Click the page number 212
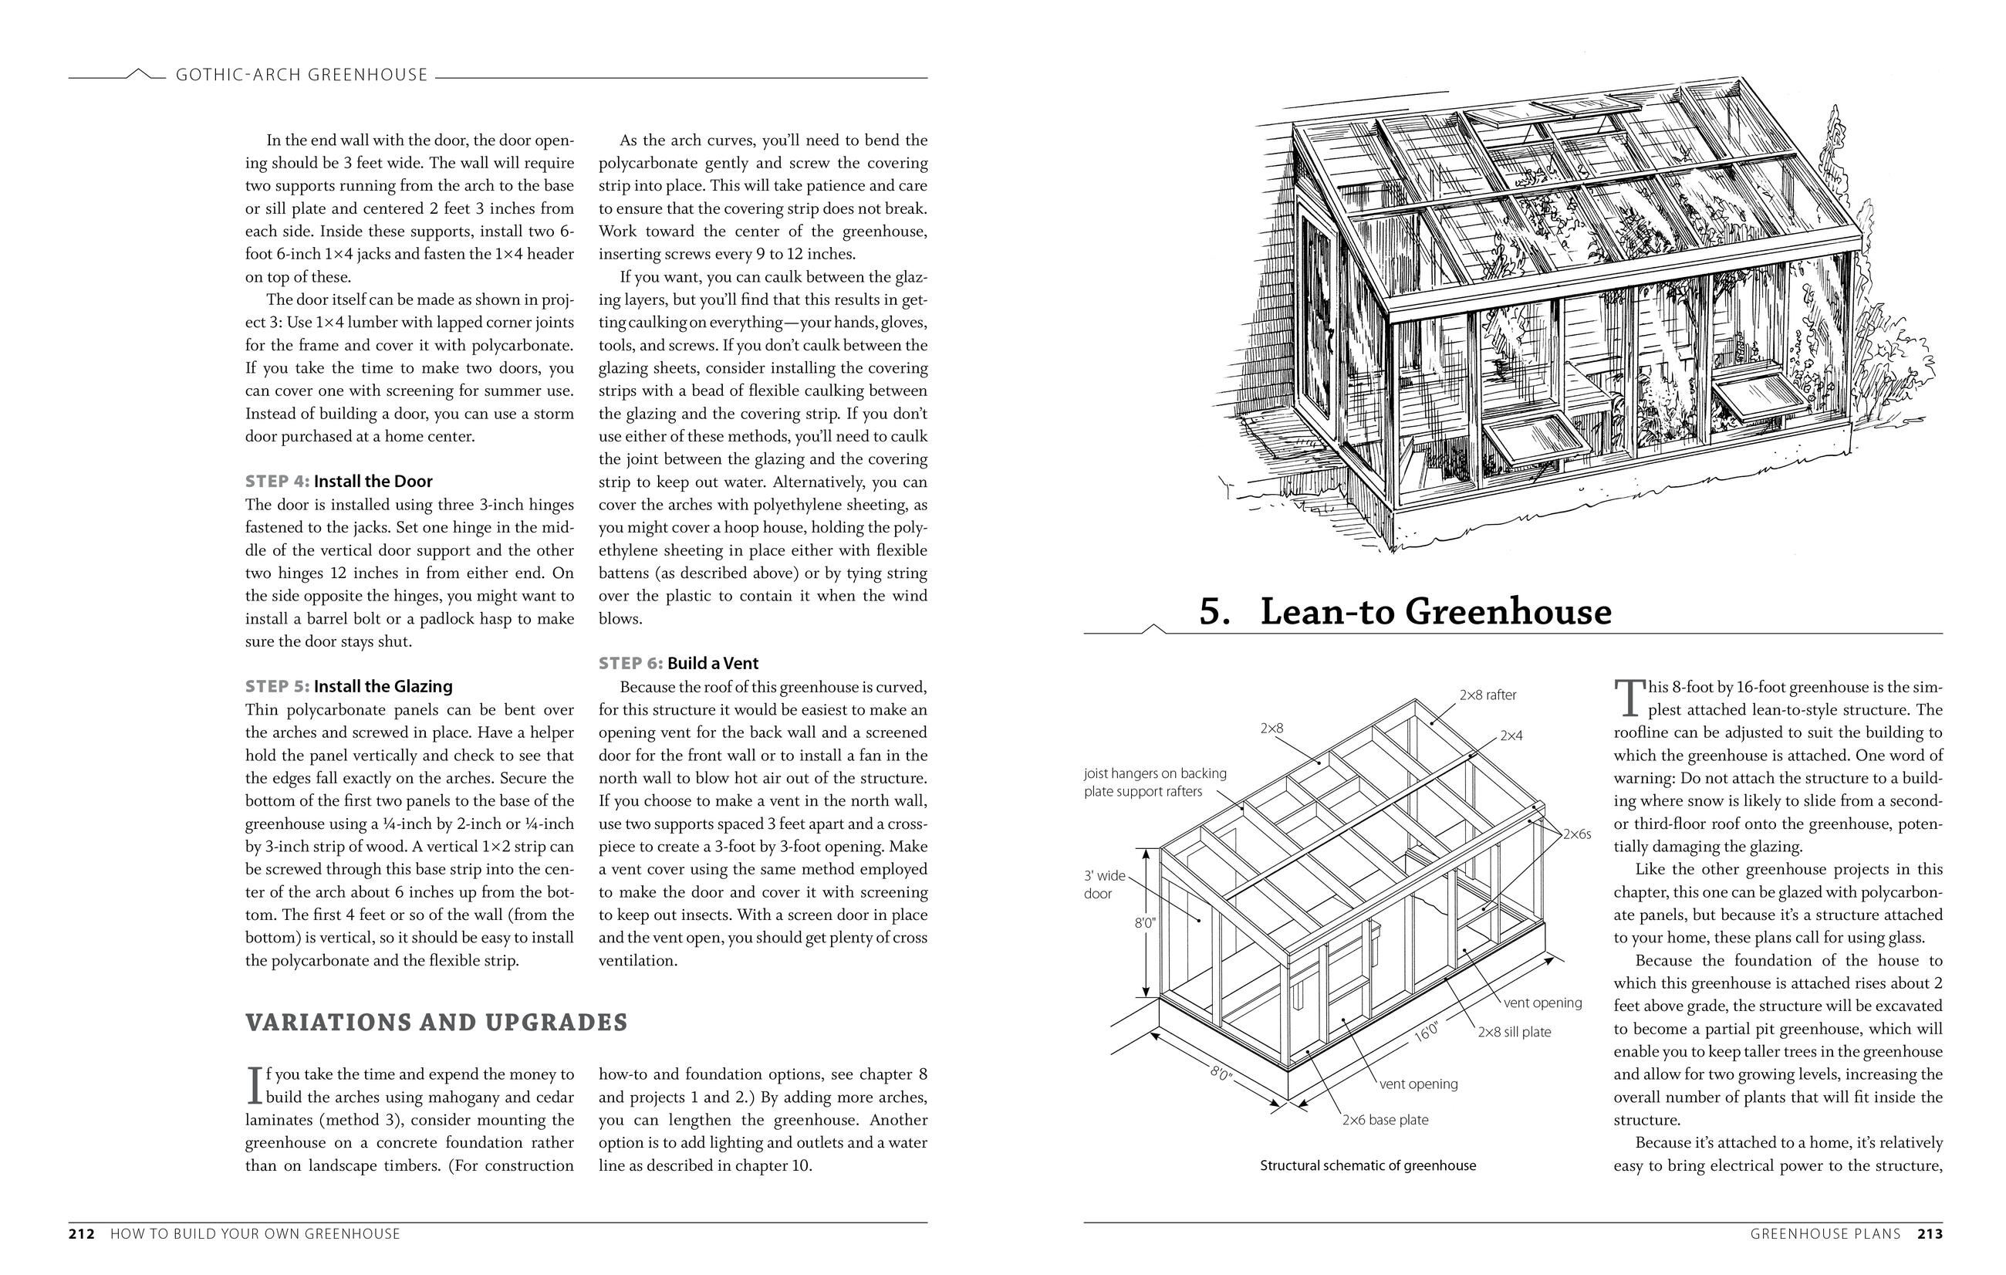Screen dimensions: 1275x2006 82,1233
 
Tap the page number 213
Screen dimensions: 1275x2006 1930,1233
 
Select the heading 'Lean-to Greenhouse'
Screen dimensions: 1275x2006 1435,612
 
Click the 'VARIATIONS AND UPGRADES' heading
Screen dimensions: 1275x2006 436,1023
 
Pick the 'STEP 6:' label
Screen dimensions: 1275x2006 630,663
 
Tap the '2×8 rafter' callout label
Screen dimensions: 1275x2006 1488,695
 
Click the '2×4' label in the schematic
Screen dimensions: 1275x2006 1511,736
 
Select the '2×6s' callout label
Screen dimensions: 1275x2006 1576,834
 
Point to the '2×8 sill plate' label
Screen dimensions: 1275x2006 1514,1032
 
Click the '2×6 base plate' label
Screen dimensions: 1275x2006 1385,1120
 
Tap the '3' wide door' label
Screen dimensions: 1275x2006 1105,884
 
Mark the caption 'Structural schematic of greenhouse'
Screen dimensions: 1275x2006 1367,1166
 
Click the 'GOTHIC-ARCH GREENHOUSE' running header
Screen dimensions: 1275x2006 302,75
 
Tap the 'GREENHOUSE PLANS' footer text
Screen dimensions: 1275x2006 1825,1233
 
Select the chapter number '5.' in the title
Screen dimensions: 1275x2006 1214,612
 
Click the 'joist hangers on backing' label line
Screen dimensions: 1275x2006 1155,773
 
